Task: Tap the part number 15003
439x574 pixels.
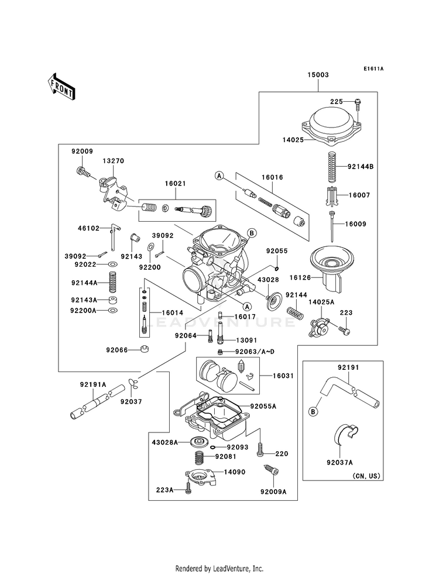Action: tap(318, 75)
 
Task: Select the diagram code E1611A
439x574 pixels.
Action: tap(373, 68)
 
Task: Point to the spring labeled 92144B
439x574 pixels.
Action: tap(332, 167)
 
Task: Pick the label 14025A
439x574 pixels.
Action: tap(321, 302)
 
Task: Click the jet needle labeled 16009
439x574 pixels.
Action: tap(332, 226)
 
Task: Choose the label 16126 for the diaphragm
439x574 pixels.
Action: tap(300, 277)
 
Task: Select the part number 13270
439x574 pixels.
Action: tap(113, 161)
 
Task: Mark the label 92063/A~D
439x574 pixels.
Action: tap(255, 352)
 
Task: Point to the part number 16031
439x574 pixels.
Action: tap(283, 376)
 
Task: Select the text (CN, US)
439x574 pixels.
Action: tap(366, 476)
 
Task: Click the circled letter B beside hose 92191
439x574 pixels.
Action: tap(313, 412)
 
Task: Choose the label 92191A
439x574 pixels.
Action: tap(93, 384)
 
